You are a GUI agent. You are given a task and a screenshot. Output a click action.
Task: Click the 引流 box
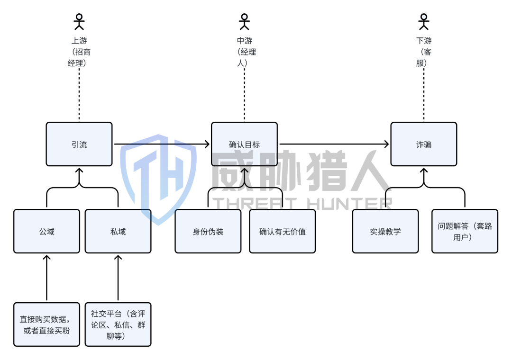click(79, 144)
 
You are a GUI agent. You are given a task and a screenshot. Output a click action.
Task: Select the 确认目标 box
click(244, 144)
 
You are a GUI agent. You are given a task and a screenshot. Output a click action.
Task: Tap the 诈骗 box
click(423, 144)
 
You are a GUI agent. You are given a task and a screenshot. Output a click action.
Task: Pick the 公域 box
click(46, 231)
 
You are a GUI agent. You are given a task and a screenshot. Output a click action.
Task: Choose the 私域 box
click(118, 231)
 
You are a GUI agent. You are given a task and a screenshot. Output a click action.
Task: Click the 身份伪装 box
click(208, 231)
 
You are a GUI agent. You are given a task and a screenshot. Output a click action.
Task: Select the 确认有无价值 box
click(282, 231)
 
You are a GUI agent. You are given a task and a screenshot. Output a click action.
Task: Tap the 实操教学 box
click(385, 231)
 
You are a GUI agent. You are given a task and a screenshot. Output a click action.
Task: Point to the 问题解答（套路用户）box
click(465, 231)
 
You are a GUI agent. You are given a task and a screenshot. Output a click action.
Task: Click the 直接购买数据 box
click(46, 324)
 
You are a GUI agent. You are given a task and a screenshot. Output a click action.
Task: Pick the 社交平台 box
click(118, 324)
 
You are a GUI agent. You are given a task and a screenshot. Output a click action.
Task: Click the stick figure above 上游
click(79, 21)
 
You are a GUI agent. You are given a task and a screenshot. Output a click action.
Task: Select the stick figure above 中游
click(244, 21)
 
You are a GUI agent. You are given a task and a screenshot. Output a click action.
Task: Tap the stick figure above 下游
click(423, 21)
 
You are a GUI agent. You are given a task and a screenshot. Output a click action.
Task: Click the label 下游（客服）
click(424, 52)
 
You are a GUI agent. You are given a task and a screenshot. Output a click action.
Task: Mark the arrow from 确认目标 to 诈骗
click(334, 144)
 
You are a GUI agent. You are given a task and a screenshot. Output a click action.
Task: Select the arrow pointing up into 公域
click(46, 277)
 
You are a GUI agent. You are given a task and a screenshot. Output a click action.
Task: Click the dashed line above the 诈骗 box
click(423, 95)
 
